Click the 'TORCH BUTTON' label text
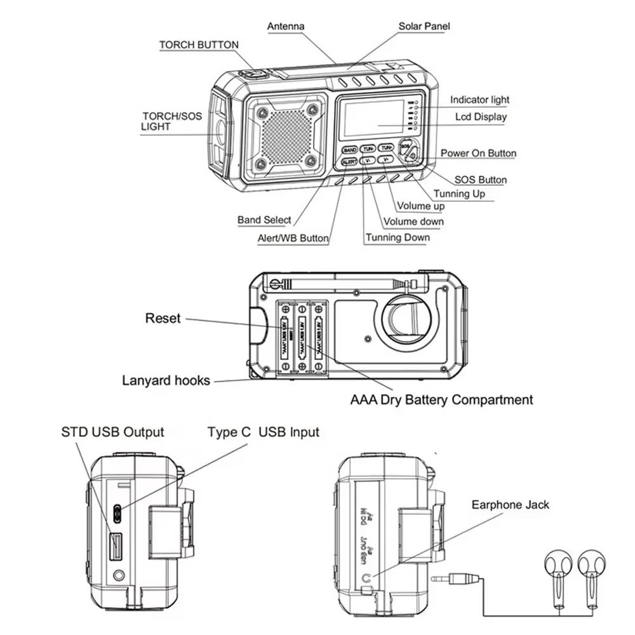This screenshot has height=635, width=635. tap(199, 45)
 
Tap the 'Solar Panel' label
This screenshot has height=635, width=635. tap(424, 27)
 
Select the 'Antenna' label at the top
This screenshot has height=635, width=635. tap(286, 27)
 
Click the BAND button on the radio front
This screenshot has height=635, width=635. tap(350, 150)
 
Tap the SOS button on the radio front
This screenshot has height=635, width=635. tap(406, 146)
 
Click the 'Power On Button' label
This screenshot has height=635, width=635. tap(478, 153)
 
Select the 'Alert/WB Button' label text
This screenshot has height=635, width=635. tap(293, 238)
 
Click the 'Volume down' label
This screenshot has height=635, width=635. tap(413, 222)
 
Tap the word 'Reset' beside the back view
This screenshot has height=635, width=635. tap(163, 318)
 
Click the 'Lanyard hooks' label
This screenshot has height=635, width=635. tap(166, 380)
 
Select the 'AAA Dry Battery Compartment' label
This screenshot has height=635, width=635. tap(441, 400)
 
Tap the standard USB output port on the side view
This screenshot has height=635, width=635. tap(116, 545)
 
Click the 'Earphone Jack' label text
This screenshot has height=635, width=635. tap(510, 505)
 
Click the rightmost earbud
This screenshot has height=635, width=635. tap(591, 563)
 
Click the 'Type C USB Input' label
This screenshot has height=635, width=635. tap(263, 432)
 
